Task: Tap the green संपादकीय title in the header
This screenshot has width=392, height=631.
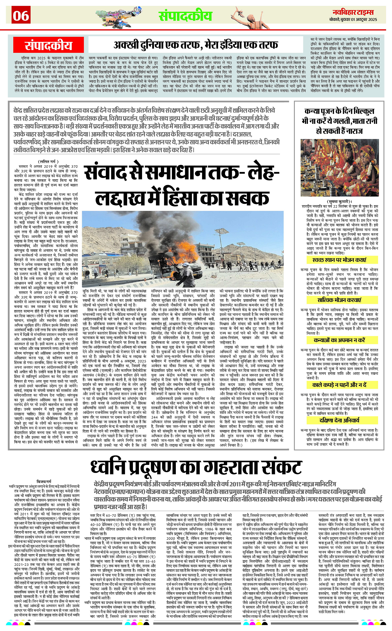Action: tap(185, 16)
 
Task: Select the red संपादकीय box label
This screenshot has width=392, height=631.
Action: tap(48, 46)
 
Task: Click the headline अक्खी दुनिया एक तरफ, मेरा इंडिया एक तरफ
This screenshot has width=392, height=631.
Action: tap(196, 45)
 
